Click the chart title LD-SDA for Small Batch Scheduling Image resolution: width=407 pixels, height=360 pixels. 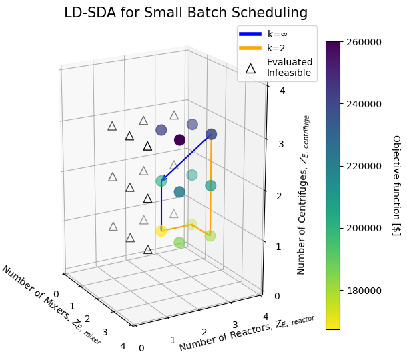click(185, 13)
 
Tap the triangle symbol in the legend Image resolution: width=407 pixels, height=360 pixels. click(250, 67)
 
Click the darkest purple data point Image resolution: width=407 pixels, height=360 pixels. click(179, 139)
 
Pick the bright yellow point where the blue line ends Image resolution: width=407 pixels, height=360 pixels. click(161, 231)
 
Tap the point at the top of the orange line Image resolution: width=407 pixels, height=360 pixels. click(212, 134)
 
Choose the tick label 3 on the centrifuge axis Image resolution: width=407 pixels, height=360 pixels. click(281, 144)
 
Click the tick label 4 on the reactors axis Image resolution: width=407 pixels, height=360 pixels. click(266, 317)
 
